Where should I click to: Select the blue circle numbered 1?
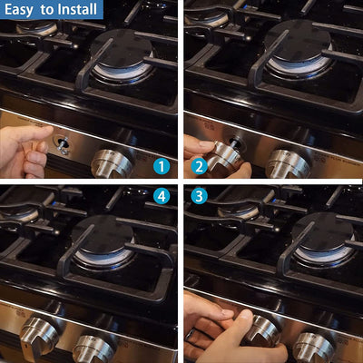(161, 166)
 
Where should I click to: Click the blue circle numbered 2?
(200, 166)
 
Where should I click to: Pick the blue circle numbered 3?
(200, 194)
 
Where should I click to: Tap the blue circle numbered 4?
(161, 194)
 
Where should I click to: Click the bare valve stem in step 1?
(63, 142)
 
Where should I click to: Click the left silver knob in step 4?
(39, 333)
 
